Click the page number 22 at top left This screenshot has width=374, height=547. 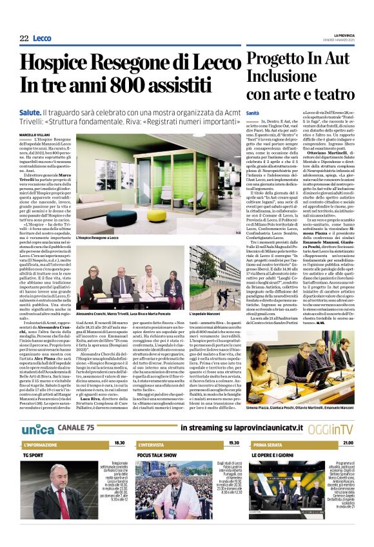click(x=24, y=39)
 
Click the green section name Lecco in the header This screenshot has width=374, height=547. click(x=42, y=39)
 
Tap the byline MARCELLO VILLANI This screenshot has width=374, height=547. click(x=34, y=135)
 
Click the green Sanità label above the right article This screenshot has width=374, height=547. click(x=253, y=113)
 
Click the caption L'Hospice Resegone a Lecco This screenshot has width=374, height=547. click(x=97, y=238)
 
